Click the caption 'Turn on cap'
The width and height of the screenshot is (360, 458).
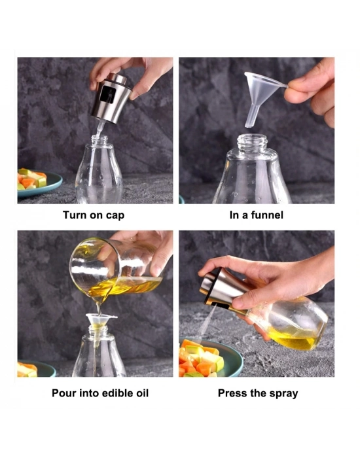click(x=93, y=215)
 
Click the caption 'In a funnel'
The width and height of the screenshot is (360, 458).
click(x=257, y=215)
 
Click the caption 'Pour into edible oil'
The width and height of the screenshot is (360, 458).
click(x=100, y=393)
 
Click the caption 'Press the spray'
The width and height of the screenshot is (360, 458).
click(x=258, y=393)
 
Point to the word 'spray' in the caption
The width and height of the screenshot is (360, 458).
click(x=283, y=393)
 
